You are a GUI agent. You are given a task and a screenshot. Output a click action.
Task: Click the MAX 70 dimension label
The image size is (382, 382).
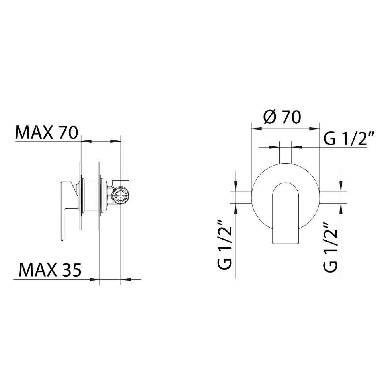click(x=47, y=133)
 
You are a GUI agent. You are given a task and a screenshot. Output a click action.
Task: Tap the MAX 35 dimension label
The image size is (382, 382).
click(x=50, y=270)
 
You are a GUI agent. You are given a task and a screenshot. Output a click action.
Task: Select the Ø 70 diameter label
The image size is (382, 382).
click(x=283, y=117)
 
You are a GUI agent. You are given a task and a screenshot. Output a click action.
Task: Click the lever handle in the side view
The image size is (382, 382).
click(x=67, y=210)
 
